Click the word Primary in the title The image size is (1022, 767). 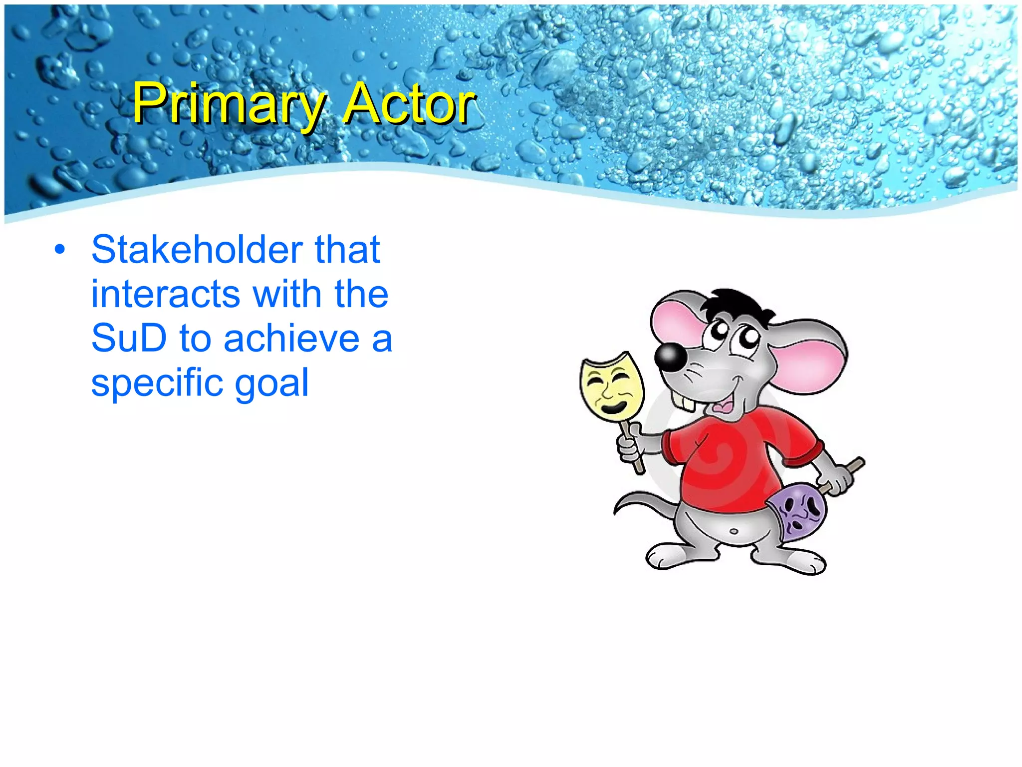(228, 104)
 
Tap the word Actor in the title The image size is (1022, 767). (409, 104)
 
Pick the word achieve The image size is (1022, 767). (291, 339)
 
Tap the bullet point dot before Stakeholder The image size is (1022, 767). (60, 250)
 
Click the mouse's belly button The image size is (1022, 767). (734, 531)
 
